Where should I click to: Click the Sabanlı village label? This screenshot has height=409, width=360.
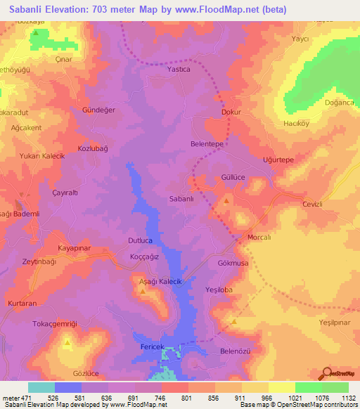[181, 199]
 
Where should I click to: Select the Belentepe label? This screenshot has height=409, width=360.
[207, 143]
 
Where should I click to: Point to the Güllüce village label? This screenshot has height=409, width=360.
[233, 178]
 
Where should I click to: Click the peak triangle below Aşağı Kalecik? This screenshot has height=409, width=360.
[143, 292]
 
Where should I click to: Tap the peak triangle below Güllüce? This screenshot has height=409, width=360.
[226, 202]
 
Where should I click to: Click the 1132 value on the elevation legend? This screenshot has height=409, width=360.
[348, 398]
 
